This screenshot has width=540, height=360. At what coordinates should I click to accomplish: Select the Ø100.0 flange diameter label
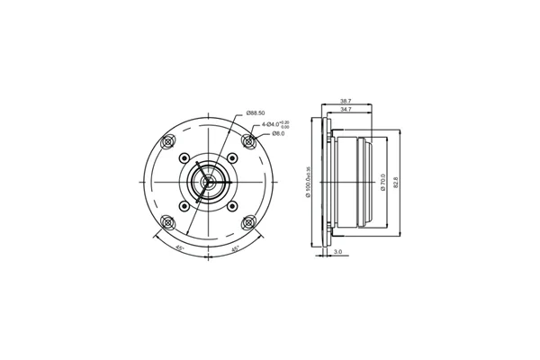click(308, 181)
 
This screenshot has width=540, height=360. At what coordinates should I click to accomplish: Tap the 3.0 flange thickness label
click(337, 253)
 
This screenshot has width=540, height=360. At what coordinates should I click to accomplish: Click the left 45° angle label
click(179, 247)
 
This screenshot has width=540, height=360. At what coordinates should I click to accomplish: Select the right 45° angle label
click(236, 247)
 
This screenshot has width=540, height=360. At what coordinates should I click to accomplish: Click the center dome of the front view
click(208, 182)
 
